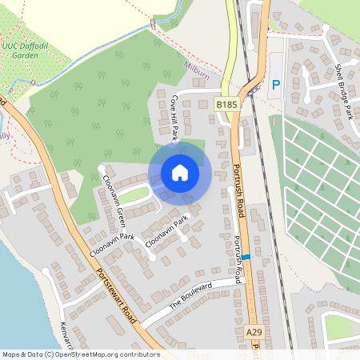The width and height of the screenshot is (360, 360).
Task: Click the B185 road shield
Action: click(226, 104)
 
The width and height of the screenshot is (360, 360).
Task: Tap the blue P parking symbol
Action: click(276, 84)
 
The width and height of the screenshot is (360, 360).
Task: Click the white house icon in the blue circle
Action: click(180, 173)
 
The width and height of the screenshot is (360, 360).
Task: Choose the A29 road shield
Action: click(254, 332)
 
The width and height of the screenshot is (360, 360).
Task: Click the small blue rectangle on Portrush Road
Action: click(246, 257)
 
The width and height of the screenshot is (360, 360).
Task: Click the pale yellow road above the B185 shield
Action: click(230, 48)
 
